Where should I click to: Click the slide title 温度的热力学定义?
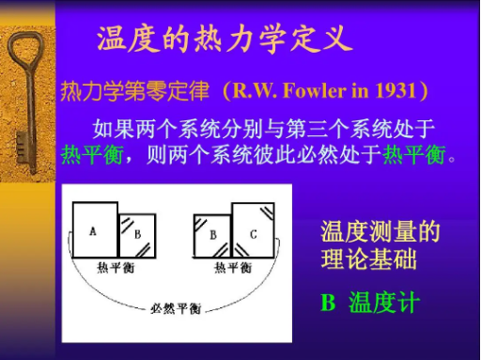225,38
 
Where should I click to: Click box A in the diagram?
94,230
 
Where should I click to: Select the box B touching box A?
137,235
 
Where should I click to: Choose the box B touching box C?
213,235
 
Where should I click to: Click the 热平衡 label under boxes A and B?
116,267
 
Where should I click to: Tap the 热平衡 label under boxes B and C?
232,267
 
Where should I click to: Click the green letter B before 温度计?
328,303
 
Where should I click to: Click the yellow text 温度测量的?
380,232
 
